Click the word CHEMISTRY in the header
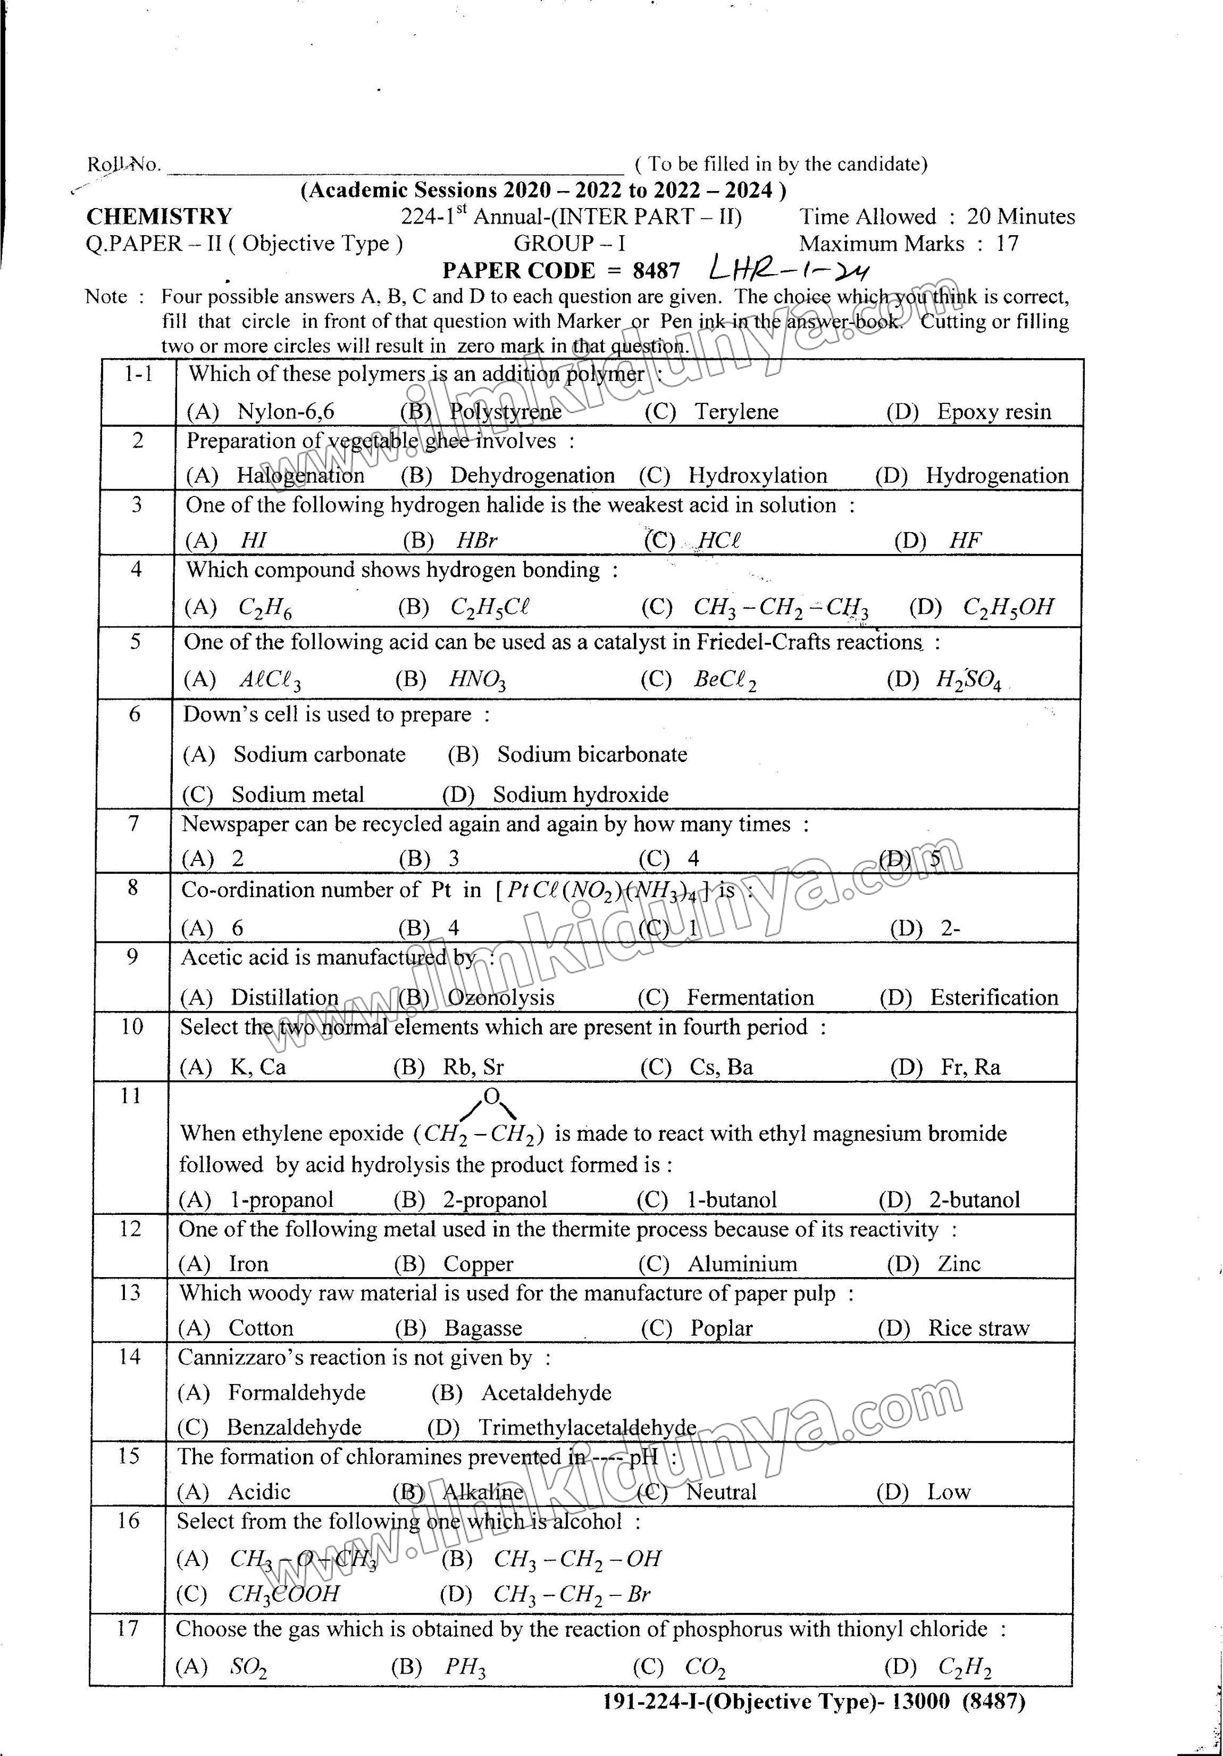(159, 217)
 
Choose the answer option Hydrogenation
(996, 476)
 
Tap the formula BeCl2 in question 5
(725, 679)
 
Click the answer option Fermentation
(750, 997)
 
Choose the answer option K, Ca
(258, 1067)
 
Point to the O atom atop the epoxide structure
(491, 1097)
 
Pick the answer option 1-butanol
(732, 1199)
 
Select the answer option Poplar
(721, 1328)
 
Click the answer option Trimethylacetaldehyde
(587, 1427)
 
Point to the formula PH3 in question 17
(465, 1667)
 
